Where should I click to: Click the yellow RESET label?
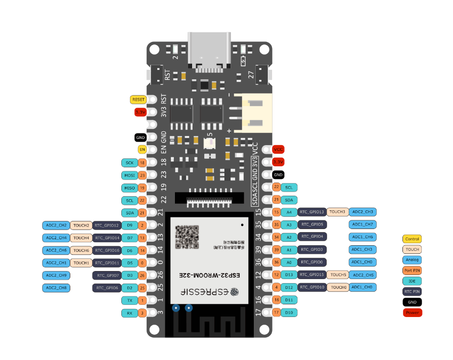point(138,100)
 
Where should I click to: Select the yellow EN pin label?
point(142,150)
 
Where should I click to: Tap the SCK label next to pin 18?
point(129,163)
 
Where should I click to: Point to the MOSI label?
point(129,175)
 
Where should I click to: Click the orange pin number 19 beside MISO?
point(142,188)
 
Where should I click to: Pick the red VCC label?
point(278,150)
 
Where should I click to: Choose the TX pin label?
point(129,300)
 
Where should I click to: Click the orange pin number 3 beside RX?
point(142,313)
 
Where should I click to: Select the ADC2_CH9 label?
point(56,276)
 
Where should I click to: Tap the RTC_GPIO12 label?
point(106,225)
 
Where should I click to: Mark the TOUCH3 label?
point(337,212)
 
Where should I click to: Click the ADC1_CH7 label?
point(363,224)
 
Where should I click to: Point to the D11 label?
point(289,300)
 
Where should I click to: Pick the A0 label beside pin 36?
point(289,262)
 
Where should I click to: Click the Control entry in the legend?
point(412,239)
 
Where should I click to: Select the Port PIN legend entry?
point(412,270)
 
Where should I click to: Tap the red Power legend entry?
point(412,312)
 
